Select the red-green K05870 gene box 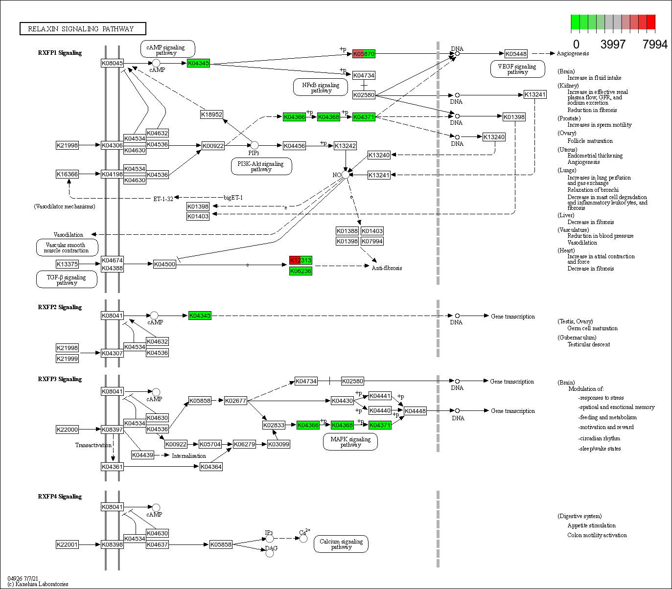pyautogui.click(x=364, y=54)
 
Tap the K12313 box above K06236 pyautogui.click(x=301, y=260)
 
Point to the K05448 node pyautogui.click(x=516, y=54)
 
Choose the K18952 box pyautogui.click(x=211, y=114)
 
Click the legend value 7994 pyautogui.click(x=655, y=45)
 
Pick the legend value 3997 pyautogui.click(x=613, y=45)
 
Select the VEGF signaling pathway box pyautogui.click(x=517, y=69)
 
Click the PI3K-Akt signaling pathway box pyautogui.click(x=261, y=167)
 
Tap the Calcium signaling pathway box pyautogui.click(x=341, y=544)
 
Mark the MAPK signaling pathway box pyautogui.click(x=350, y=442)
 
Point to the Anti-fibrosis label pyautogui.click(x=387, y=268)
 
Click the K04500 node pyautogui.click(x=164, y=264)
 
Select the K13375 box pyautogui.click(x=67, y=264)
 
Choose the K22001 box pyautogui.click(x=67, y=544)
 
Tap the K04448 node pyautogui.click(x=415, y=411)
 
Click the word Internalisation pyautogui.click(x=189, y=456)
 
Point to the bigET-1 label pyautogui.click(x=233, y=198)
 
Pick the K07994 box pyautogui.click(x=372, y=241)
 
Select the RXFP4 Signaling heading pyautogui.click(x=60, y=497)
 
